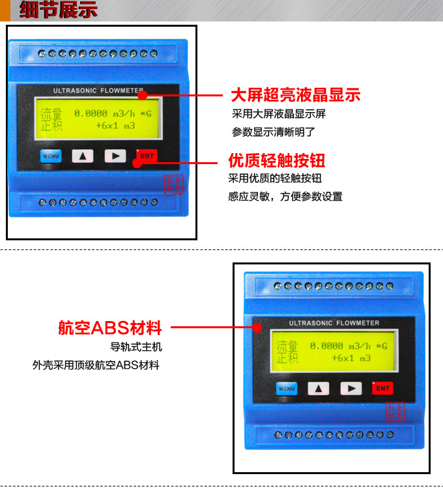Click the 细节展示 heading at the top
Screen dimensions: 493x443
click(x=59, y=10)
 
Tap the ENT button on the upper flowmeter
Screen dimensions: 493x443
click(x=147, y=156)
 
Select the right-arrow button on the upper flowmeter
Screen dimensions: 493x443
click(x=115, y=156)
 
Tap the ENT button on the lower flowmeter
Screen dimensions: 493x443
click(x=382, y=388)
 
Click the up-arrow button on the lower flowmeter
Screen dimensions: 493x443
click(x=319, y=389)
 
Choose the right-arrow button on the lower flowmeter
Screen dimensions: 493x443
click(x=350, y=389)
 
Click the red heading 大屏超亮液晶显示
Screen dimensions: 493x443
click(x=296, y=95)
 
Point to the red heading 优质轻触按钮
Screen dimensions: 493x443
click(x=276, y=161)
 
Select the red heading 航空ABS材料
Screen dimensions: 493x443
click(x=109, y=328)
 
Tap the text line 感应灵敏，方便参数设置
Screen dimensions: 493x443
click(x=285, y=197)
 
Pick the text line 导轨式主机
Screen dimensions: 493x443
click(x=136, y=347)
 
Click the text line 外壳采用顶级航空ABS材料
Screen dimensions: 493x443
click(x=96, y=365)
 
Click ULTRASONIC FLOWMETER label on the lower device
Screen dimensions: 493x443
click(x=334, y=323)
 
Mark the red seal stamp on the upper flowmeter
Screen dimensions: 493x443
click(x=173, y=184)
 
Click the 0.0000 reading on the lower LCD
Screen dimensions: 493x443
click(x=326, y=346)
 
